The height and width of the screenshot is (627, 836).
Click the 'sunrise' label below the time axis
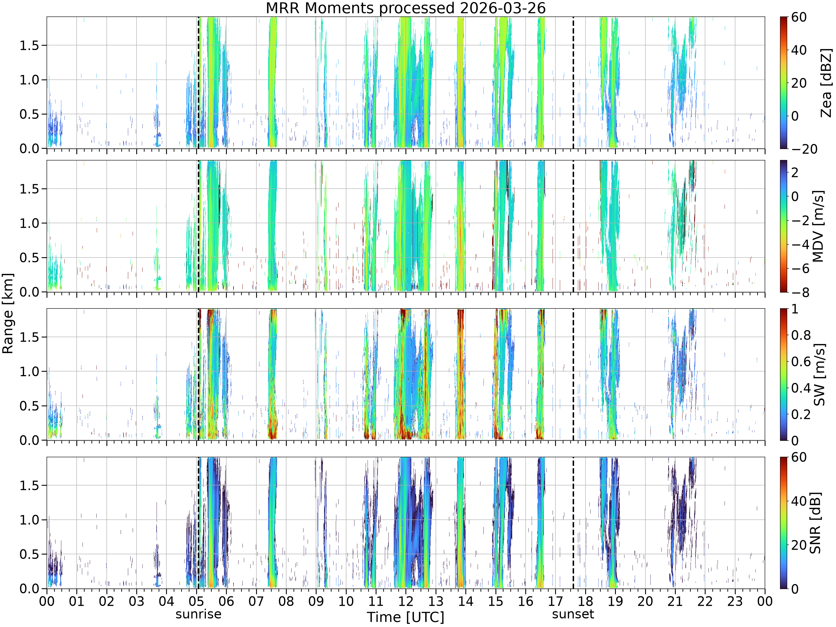point(198,614)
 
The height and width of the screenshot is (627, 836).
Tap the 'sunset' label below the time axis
point(573,614)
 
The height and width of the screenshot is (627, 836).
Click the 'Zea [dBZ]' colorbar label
point(826,83)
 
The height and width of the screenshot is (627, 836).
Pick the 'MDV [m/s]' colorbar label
point(818,226)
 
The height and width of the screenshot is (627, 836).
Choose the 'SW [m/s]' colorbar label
point(819,375)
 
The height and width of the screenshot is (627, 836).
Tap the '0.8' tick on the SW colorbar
point(801,335)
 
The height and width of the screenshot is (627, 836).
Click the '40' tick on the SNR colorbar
point(799,501)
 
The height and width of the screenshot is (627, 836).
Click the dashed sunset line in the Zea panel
point(573,82)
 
